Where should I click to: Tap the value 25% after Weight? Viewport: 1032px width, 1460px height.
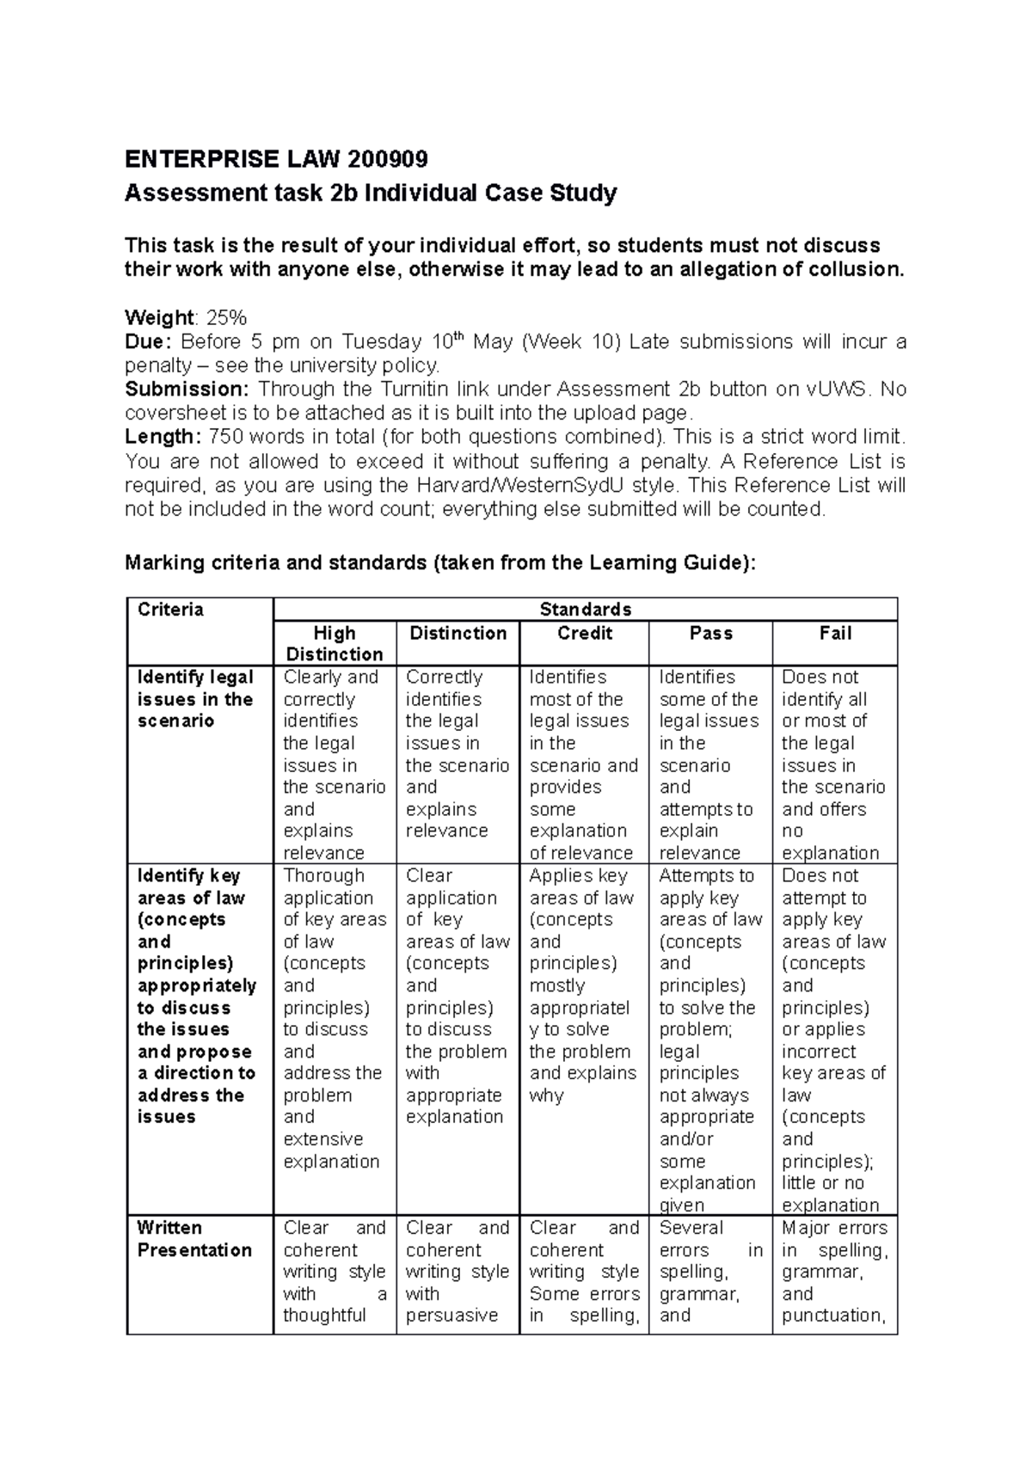click(x=226, y=318)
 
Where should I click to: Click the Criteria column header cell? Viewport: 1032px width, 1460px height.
click(x=171, y=610)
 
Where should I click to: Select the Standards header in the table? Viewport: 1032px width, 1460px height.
click(x=585, y=610)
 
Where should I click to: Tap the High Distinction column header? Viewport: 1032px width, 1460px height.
click(x=335, y=643)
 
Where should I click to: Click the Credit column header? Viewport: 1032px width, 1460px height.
click(x=585, y=634)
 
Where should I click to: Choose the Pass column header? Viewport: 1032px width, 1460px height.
click(x=710, y=634)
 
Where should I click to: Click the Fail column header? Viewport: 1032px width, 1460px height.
click(x=835, y=634)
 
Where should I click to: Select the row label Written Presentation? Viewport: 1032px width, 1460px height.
click(x=194, y=1239)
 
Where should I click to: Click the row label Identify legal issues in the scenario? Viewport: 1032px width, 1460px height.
click(x=195, y=699)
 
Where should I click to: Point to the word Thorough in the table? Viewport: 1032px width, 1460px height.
click(x=324, y=875)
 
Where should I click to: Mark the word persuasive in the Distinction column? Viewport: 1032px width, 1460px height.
click(x=451, y=1316)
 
